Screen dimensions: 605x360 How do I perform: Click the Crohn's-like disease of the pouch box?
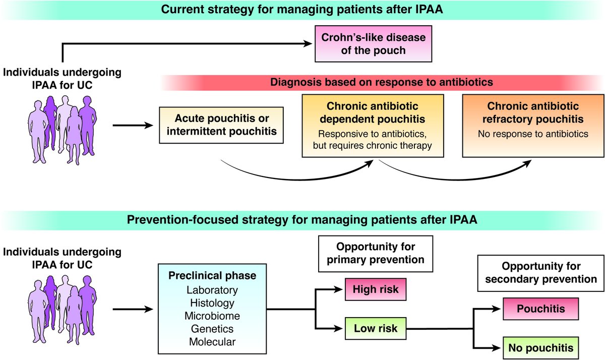[x=373, y=44]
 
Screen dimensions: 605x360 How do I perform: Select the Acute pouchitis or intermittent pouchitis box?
[x=221, y=125]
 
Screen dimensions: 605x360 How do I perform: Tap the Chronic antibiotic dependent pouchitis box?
[x=373, y=126]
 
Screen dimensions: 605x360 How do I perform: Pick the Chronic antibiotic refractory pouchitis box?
[x=533, y=126]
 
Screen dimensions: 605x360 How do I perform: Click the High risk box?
[x=376, y=289]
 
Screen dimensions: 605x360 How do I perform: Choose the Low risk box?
[x=376, y=328]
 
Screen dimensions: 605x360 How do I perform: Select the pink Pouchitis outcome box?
[x=540, y=309]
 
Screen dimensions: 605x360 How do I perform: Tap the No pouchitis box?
[x=540, y=348]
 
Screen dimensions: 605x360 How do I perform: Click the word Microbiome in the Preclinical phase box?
[x=212, y=316]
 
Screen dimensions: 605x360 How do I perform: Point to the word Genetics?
[x=212, y=329]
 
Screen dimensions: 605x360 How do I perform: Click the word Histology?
[x=212, y=303]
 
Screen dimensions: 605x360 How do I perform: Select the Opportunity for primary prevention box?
[x=376, y=254]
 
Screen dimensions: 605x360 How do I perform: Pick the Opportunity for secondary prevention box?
[x=540, y=273]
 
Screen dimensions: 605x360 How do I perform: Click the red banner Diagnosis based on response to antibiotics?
[x=381, y=82]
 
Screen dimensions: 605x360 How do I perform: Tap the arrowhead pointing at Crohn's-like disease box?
[x=308, y=43]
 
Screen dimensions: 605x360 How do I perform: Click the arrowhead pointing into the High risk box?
[x=338, y=289]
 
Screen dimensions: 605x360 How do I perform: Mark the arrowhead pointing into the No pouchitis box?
[x=496, y=348]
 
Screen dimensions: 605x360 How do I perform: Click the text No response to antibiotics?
[x=533, y=134]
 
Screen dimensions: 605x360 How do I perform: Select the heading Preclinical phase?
[x=212, y=275]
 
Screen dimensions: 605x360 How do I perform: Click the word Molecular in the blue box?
[x=212, y=342]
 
